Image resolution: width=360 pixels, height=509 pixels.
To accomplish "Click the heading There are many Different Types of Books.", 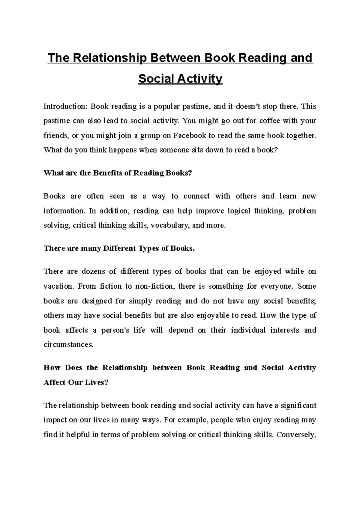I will coord(119,248).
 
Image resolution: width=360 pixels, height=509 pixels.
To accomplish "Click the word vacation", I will coord(59,286).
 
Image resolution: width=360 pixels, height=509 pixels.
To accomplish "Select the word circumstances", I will coord(68,344).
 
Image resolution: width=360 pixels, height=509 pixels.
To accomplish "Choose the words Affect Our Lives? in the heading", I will coord(76,382).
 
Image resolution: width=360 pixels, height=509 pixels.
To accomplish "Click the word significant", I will coord(299,406).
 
